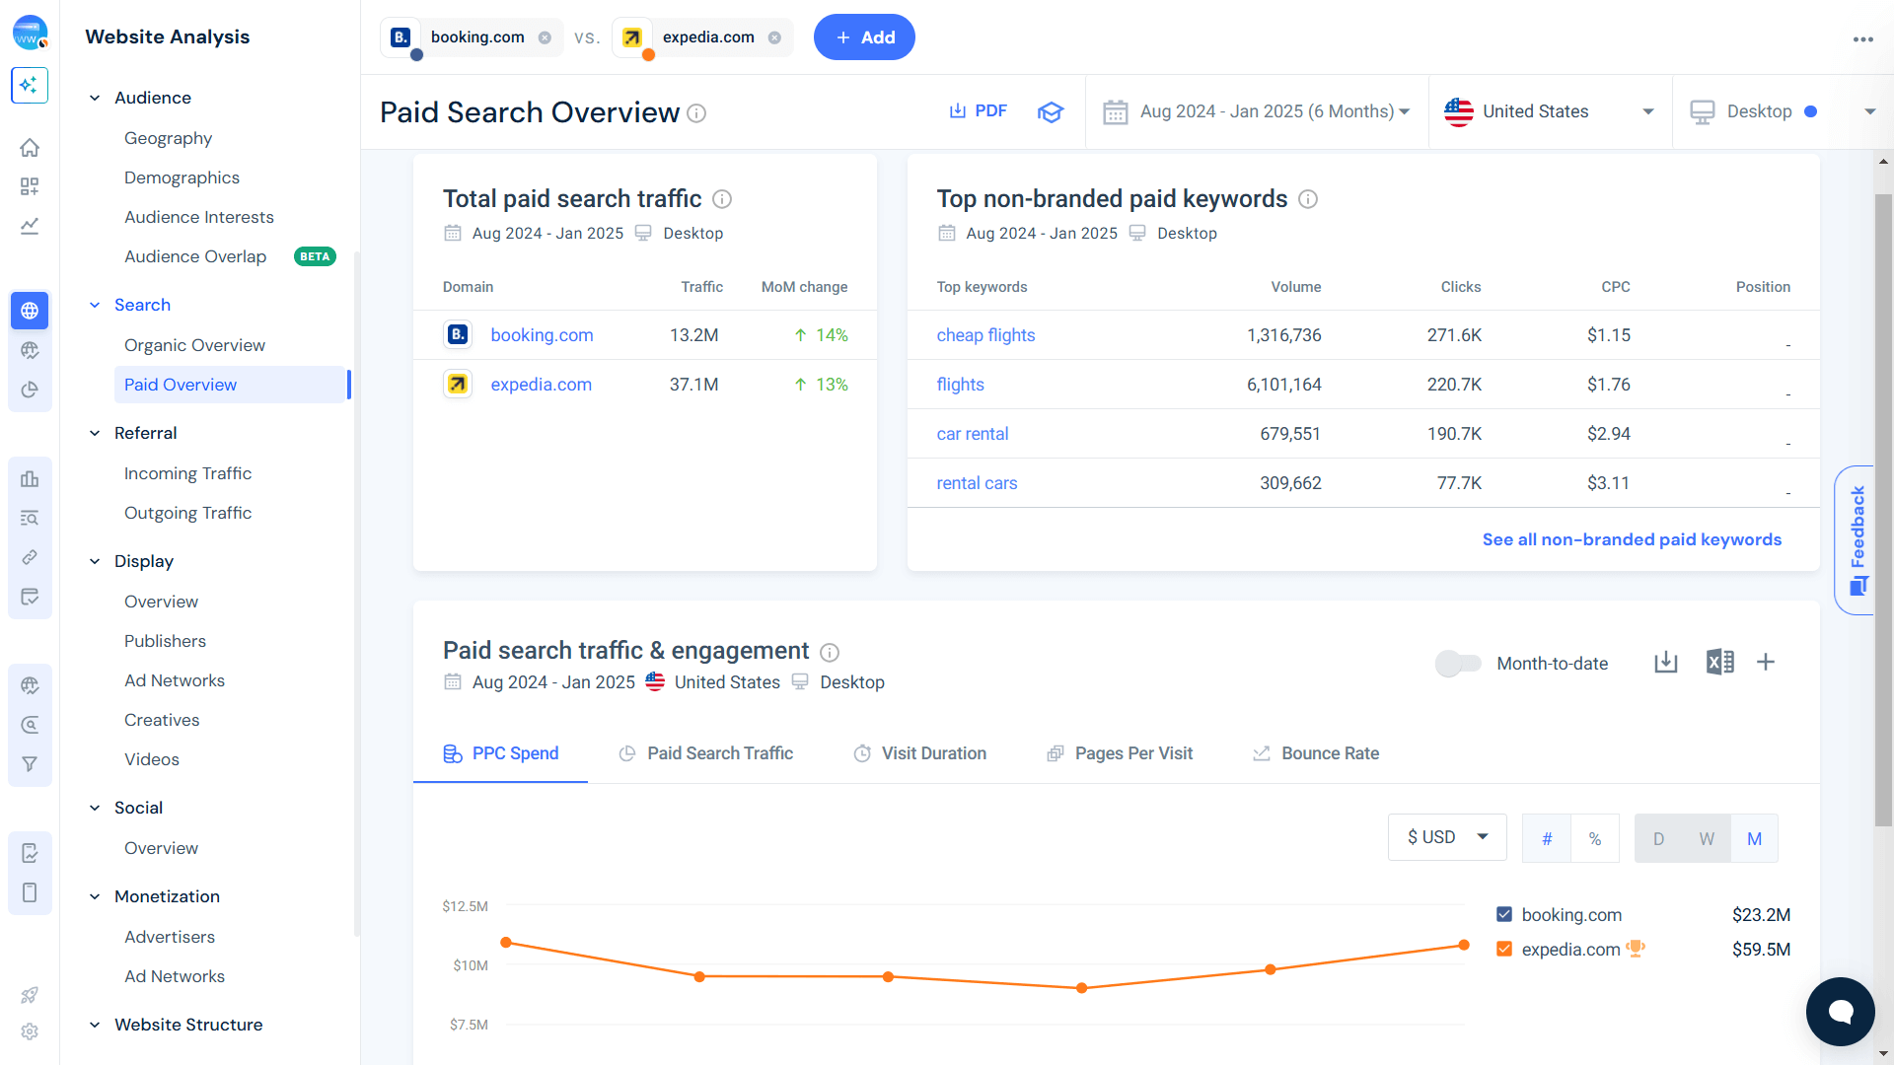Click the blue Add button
point(863,37)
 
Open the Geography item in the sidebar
point(168,138)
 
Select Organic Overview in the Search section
point(194,345)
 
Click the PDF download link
point(978,111)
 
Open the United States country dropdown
point(1549,111)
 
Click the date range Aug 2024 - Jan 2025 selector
point(1257,111)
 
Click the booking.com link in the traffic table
point(542,335)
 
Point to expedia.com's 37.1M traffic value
point(693,385)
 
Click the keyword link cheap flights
point(985,335)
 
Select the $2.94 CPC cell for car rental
point(1608,434)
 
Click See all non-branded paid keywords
point(1631,539)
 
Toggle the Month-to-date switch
point(1458,664)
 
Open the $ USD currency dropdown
point(1446,837)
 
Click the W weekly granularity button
point(1706,838)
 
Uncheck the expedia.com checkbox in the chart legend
point(1503,949)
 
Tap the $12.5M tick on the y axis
point(465,906)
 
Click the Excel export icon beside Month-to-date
point(1719,662)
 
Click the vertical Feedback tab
point(1858,539)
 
